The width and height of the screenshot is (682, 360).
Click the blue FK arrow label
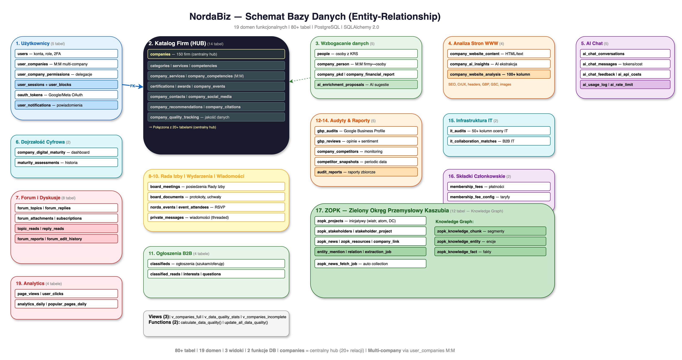pyautogui.click(x=132, y=86)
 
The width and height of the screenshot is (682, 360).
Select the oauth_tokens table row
pyautogui.click(x=66, y=95)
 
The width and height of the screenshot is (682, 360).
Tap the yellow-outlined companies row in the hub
pyautogui.click(x=216, y=54)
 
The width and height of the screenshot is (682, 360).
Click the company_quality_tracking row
pyautogui.click(x=216, y=117)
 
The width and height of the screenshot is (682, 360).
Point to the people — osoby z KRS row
pyautogui.click(x=366, y=54)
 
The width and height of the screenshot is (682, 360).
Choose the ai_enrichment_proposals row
pyautogui.click(x=366, y=84)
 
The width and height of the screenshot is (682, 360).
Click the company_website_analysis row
pyautogui.click(x=498, y=74)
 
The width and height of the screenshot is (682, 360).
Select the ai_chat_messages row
pyautogui.click(x=625, y=64)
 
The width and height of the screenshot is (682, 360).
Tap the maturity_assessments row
pyautogui.click(x=66, y=163)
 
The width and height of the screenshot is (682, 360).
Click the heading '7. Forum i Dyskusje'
pyautogui.click(x=38, y=198)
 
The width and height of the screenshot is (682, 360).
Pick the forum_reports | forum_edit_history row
pyautogui.click(x=66, y=239)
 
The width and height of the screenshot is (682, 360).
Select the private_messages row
pyautogui.click(x=216, y=217)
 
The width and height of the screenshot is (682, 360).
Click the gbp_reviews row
pyautogui.click(x=366, y=141)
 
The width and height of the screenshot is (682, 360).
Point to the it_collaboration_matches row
pyautogui.click(x=498, y=141)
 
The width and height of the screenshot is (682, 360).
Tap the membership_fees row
pyautogui.click(x=498, y=186)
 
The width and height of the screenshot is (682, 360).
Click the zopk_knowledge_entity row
pyautogui.click(x=490, y=241)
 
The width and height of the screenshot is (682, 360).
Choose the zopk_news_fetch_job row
pyautogui.click(x=370, y=264)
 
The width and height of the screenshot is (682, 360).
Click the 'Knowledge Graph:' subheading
pyautogui.click(x=454, y=221)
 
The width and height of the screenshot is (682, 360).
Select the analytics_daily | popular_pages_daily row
pyautogui.click(x=66, y=304)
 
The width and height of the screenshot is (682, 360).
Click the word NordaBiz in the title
pyautogui.click(x=210, y=16)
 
